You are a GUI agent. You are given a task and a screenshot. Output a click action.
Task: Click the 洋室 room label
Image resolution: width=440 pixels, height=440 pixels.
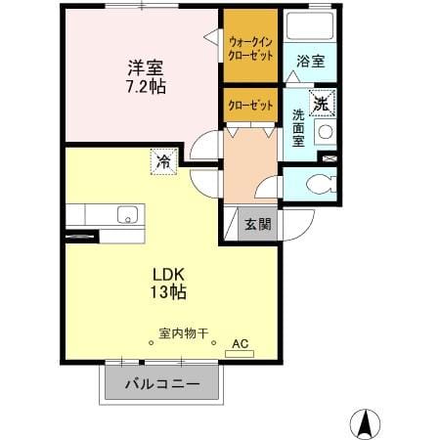pyautogui.click(x=146, y=67)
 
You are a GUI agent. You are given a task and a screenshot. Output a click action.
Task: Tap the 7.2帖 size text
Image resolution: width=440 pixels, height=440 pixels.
pyautogui.click(x=146, y=87)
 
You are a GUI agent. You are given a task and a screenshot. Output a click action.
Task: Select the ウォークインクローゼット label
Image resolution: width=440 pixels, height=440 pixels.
pyautogui.click(x=250, y=49)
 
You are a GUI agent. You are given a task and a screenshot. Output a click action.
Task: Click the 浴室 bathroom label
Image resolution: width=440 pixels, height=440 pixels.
pyautogui.click(x=311, y=62)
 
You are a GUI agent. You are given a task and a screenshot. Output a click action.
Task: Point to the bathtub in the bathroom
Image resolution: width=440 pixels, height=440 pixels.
pyautogui.click(x=309, y=25)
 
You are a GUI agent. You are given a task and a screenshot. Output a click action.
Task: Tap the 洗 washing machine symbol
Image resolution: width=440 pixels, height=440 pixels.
pyautogui.click(x=322, y=104)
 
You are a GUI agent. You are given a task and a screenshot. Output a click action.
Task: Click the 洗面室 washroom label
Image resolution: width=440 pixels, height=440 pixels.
pyautogui.click(x=298, y=128)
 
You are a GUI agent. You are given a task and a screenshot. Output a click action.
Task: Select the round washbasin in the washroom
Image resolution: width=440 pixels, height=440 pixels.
pyautogui.click(x=326, y=132)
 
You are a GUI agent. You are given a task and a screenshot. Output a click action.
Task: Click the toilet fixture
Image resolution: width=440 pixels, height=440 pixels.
pyautogui.click(x=322, y=184)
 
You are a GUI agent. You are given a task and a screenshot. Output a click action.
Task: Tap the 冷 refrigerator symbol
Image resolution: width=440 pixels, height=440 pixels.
pyautogui.click(x=163, y=161)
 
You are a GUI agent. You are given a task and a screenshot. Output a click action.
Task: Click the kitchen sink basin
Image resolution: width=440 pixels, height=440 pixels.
pyautogui.click(x=128, y=215)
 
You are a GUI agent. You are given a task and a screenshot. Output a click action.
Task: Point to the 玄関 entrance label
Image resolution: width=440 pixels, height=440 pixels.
pyautogui.click(x=257, y=224)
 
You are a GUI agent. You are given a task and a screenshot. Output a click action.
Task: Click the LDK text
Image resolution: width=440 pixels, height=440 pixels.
pyautogui.click(x=169, y=275)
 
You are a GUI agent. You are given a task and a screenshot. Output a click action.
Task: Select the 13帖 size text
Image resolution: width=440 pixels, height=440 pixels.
pyautogui.click(x=168, y=292)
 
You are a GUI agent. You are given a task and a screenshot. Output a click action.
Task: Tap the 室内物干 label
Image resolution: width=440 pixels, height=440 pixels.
pyautogui.click(x=184, y=333)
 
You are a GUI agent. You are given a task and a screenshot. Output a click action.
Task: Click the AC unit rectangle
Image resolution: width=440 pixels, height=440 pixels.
pyautogui.click(x=240, y=354)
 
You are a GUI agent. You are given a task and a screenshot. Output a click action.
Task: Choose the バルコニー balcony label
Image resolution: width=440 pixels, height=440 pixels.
pyautogui.click(x=162, y=384)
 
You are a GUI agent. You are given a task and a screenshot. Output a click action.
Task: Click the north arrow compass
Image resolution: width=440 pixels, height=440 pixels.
pyautogui.click(x=365, y=424)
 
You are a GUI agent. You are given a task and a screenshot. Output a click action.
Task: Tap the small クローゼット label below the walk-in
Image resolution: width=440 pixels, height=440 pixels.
pyautogui.click(x=250, y=106)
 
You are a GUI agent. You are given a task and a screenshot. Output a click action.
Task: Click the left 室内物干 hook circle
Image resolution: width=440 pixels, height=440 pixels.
pyautogui.click(x=151, y=342)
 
